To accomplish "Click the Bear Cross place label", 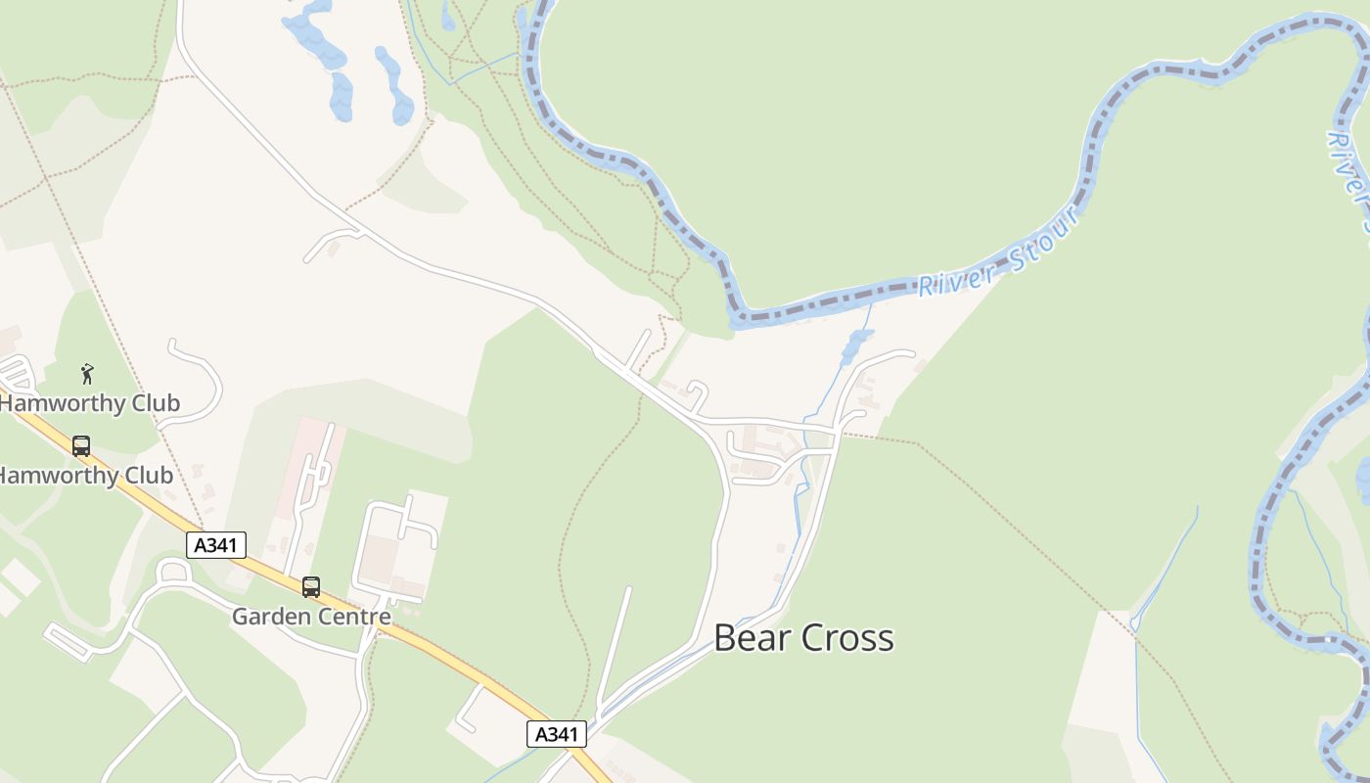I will point(803,638).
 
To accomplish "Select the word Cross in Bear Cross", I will point(847,638).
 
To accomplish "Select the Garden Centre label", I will point(311,617).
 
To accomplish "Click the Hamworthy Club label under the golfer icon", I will point(90,403).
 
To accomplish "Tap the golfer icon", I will point(87,374).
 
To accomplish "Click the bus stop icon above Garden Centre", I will point(311,587).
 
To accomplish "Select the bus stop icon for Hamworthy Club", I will point(81,446).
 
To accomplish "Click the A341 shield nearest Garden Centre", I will point(216,545).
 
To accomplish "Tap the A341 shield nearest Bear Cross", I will point(557,734).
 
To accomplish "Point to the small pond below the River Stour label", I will point(857,343).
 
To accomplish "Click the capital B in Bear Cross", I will point(725,638).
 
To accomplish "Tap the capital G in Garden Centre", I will point(240,617).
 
